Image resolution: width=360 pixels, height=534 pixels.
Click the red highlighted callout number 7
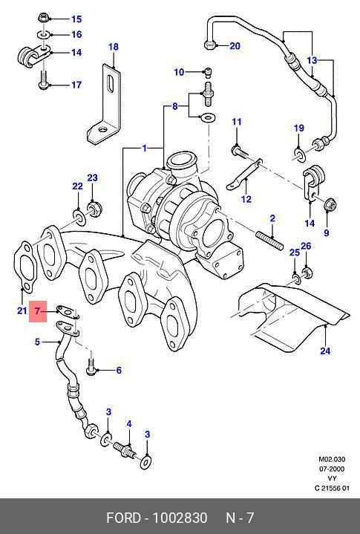pos(37,311)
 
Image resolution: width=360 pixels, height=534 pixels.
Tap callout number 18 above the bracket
pos(114,47)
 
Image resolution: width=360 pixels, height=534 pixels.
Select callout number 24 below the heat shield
pos(325,351)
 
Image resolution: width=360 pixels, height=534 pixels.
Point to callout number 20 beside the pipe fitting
pos(235,45)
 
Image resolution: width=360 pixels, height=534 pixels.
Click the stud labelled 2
pos(269,240)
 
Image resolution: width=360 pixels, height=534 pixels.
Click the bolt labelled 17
pos(43,79)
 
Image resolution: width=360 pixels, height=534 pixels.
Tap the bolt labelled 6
pos(91,365)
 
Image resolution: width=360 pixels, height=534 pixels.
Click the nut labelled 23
pos(94,208)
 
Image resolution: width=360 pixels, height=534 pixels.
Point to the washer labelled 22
pos(79,218)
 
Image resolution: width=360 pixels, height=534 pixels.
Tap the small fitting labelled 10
pos(208,71)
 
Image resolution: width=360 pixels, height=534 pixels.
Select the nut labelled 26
pos(307,272)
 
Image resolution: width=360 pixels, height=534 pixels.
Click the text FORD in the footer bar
pos(123,518)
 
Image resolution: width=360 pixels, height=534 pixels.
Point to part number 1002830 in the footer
pos(180,518)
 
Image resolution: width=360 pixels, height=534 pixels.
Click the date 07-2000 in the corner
pos(331,469)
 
